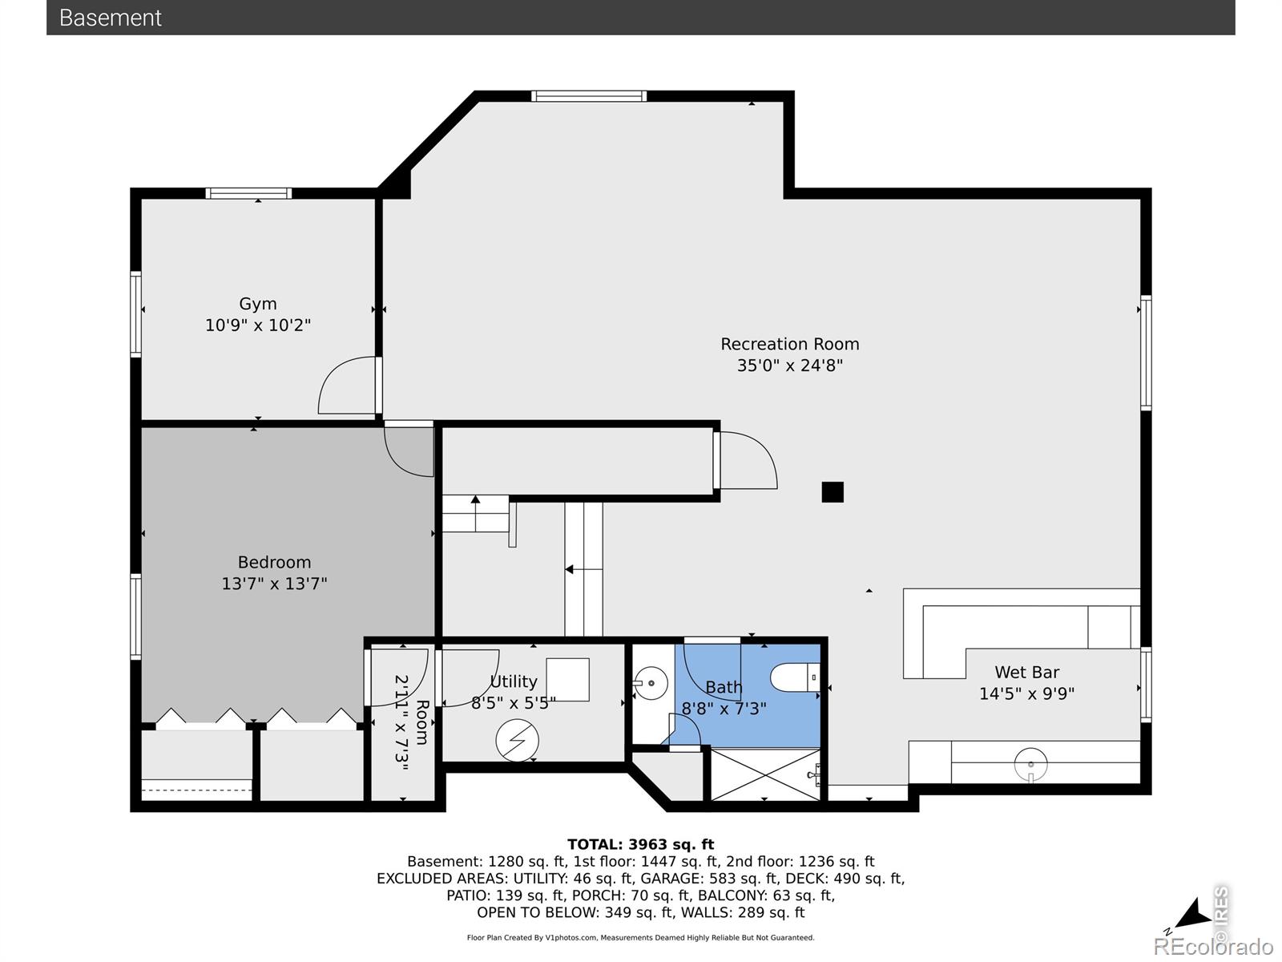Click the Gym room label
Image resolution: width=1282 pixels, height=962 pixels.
[x=257, y=305]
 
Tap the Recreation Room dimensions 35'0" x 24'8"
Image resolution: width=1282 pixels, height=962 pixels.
[x=790, y=366]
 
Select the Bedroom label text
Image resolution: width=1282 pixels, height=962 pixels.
[x=274, y=563]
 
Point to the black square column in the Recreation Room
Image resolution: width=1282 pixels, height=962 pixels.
[x=832, y=491]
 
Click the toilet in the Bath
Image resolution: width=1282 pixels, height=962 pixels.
[x=796, y=678]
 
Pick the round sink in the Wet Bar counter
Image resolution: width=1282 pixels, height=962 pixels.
[x=1031, y=765]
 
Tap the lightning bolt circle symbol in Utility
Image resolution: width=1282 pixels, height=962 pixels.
[x=517, y=740]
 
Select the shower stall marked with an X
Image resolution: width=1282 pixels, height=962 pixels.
[x=765, y=774]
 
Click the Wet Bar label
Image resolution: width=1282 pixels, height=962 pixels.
[x=1026, y=673]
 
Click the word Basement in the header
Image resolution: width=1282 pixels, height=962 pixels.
[x=111, y=18]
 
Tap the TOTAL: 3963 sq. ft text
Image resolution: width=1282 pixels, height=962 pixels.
[x=641, y=845]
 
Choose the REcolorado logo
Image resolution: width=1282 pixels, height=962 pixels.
[x=1213, y=946]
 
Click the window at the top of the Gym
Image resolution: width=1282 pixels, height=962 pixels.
[x=248, y=193]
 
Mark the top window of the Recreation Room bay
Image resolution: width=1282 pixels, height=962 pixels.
[x=589, y=96]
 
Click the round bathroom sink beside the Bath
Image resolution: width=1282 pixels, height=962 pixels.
[x=651, y=683]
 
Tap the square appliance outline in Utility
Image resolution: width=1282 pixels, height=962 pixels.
[x=568, y=680]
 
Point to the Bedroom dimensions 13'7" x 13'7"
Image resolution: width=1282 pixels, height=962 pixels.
[x=274, y=584]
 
